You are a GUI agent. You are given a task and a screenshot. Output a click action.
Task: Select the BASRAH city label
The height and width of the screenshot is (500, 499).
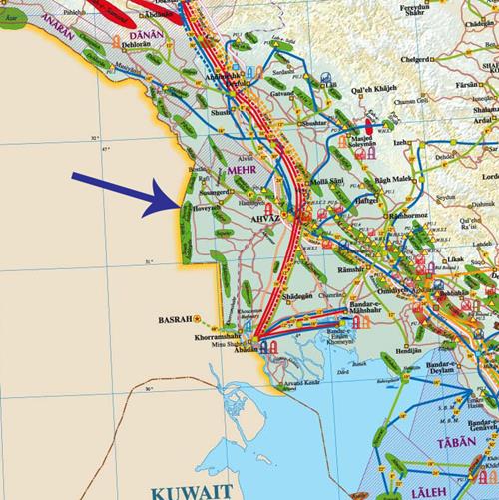click(x=175, y=321)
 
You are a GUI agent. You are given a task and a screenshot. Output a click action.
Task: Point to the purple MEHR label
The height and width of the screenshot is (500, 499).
click(x=243, y=171)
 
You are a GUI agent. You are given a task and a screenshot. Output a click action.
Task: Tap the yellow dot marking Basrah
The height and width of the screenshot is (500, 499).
click(x=198, y=322)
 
